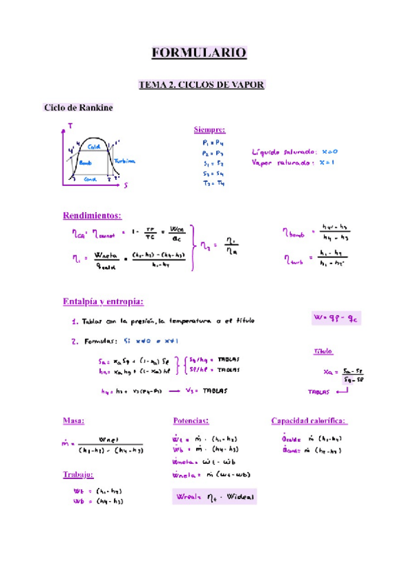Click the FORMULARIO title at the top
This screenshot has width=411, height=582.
(x=198, y=52)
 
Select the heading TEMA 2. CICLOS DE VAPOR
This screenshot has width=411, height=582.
(x=202, y=84)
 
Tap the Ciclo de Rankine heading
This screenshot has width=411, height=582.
(x=78, y=108)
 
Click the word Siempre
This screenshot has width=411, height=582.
(x=209, y=130)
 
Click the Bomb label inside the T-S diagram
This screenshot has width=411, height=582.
(x=86, y=163)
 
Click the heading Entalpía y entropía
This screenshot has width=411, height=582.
(x=104, y=301)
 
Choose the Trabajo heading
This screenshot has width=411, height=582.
(x=78, y=474)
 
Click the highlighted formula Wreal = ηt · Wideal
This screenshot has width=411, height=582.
(x=213, y=496)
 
